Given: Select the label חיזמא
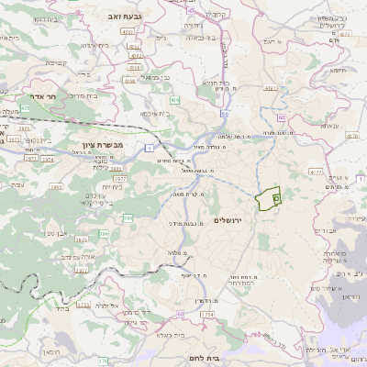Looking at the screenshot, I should pyautogui.click(x=339, y=70).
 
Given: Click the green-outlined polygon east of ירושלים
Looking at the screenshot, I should pyautogui.click(x=268, y=199).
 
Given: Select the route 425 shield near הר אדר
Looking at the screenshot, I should pyautogui.click(x=25, y=108).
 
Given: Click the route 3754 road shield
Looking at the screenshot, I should pyautogui.click(x=206, y=315).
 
